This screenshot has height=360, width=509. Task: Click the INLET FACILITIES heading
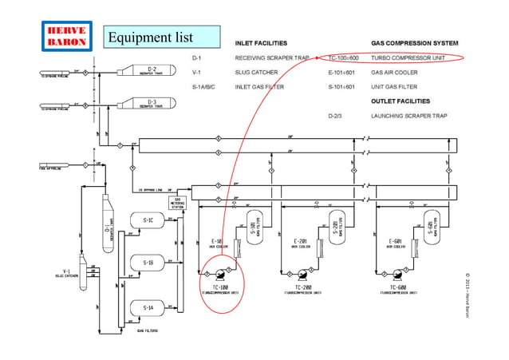[x=261, y=42]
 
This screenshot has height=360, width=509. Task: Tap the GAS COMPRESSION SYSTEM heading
[x=415, y=42]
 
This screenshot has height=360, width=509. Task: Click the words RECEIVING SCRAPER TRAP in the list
[x=271, y=58]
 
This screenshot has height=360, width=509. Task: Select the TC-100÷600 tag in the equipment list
[x=344, y=58]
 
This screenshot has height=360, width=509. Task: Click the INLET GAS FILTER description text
[x=259, y=86]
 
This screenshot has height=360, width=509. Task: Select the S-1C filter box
[x=148, y=220]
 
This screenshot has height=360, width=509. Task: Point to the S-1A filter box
[x=148, y=307]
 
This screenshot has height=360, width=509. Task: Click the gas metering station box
[x=178, y=204]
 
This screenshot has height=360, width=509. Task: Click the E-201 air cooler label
[x=302, y=241]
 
